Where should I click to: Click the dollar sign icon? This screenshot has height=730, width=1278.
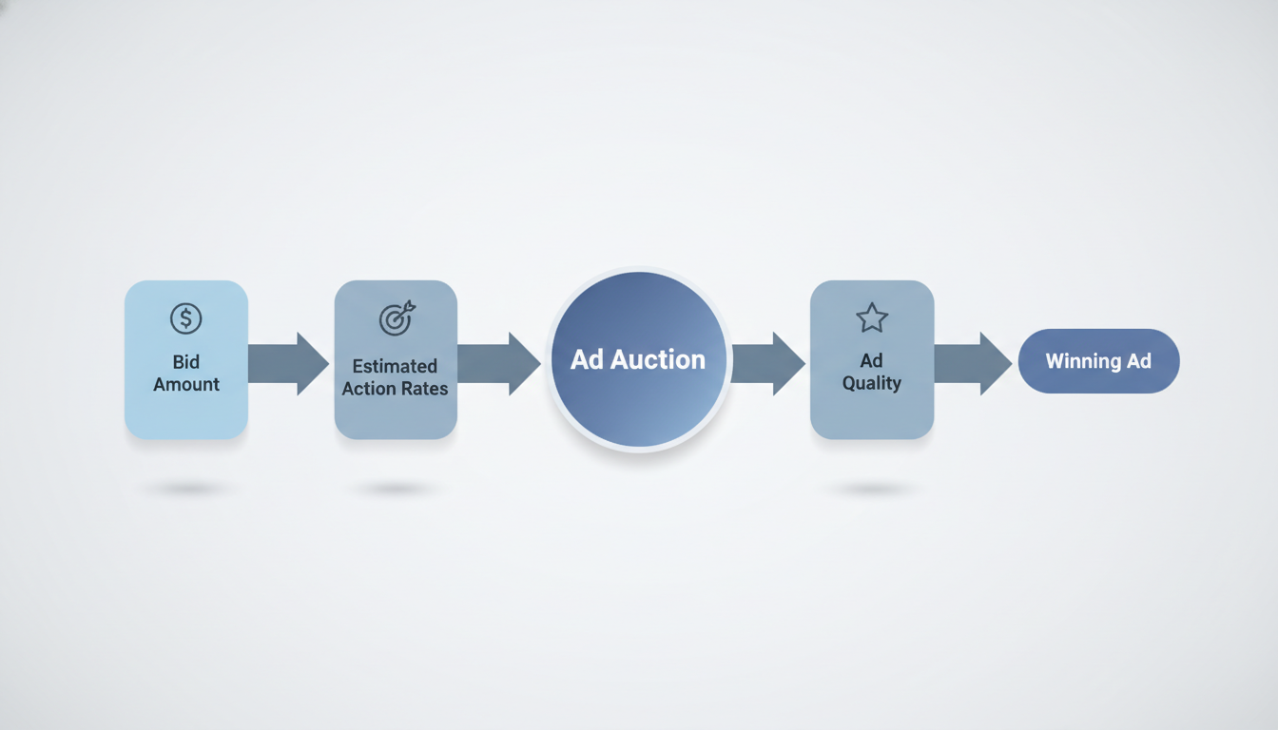tap(186, 318)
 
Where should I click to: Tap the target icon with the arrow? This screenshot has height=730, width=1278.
tap(397, 319)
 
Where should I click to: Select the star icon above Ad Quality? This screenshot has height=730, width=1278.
tap(872, 317)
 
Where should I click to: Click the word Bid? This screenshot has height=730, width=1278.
tap(186, 362)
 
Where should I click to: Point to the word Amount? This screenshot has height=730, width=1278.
tap(186, 384)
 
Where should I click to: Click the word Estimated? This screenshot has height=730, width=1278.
tap(395, 366)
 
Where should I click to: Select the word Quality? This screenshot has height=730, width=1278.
tap(872, 382)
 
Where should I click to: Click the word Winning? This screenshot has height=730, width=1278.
tap(1079, 361)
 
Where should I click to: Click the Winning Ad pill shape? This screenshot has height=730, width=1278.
tap(1098, 361)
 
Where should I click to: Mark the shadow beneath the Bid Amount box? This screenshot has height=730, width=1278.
tap(186, 489)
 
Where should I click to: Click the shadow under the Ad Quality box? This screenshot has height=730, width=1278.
tap(872, 489)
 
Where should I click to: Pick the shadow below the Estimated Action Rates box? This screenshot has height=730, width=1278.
tap(395, 489)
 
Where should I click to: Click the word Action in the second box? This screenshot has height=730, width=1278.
tap(365, 388)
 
